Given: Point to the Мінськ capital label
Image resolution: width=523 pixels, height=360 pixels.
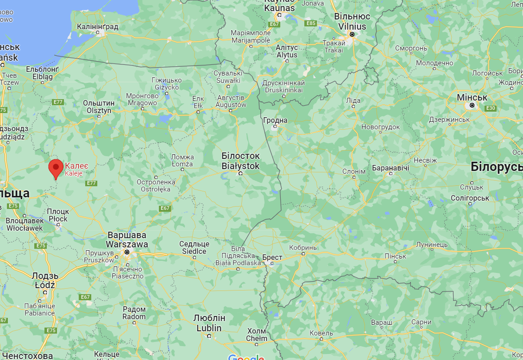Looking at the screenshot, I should pos(472,98).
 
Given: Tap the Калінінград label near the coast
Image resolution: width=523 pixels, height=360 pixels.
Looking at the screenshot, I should pos(97,27).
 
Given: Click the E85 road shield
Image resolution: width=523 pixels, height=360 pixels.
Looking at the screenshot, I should pos(310,23).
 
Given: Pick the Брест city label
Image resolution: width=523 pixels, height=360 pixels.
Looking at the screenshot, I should pos(272,256).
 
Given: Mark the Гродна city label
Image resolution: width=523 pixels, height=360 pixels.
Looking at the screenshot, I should pos(275,120).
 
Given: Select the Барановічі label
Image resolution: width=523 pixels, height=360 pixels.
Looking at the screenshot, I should pos(391,167).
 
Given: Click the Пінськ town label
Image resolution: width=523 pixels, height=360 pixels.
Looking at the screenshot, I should pos(396,256).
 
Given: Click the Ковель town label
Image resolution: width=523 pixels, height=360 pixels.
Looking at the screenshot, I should pos(321,333).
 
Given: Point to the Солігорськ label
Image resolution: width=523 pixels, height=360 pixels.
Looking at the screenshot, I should pos(470,198).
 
